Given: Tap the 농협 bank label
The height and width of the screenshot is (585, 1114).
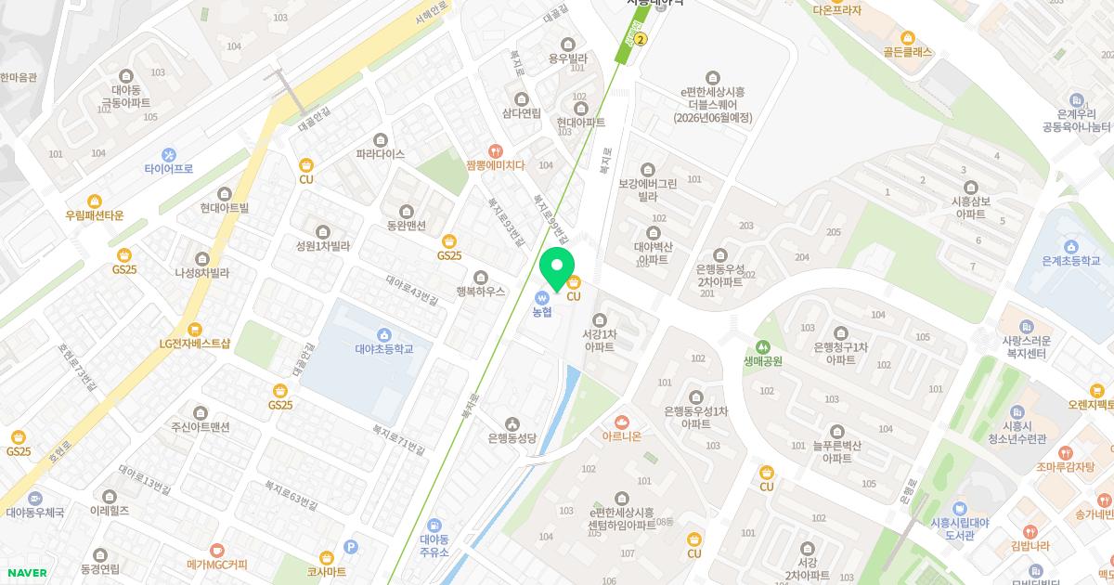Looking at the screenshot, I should tap(542, 312).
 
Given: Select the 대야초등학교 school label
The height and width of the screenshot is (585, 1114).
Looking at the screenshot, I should tap(383, 349).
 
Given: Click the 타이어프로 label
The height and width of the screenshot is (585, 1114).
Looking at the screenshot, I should tap(169, 169).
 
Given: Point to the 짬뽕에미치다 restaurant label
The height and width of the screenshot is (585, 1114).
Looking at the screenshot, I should tap(496, 165).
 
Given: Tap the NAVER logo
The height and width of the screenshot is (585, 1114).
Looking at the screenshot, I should tap(26, 573).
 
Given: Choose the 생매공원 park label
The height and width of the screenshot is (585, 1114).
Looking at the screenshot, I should tap(763, 361).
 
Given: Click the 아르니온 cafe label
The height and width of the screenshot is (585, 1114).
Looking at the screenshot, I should tap(622, 435).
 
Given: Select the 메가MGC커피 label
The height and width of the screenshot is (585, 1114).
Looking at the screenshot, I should tap(217, 564).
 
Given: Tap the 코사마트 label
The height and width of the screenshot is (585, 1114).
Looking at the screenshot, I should tap(326, 572).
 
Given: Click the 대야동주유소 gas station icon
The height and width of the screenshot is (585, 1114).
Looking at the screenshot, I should tap(434, 526).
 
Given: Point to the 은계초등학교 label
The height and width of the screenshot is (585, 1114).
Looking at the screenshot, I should tap(1070, 261).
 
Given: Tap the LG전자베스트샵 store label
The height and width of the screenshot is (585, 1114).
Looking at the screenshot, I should tap(194, 343).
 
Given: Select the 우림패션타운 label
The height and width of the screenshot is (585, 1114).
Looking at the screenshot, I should tap(94, 214).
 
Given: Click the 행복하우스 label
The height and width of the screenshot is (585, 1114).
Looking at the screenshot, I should tap(480, 291).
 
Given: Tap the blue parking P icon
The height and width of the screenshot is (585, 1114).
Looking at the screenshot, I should tap(350, 548).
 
